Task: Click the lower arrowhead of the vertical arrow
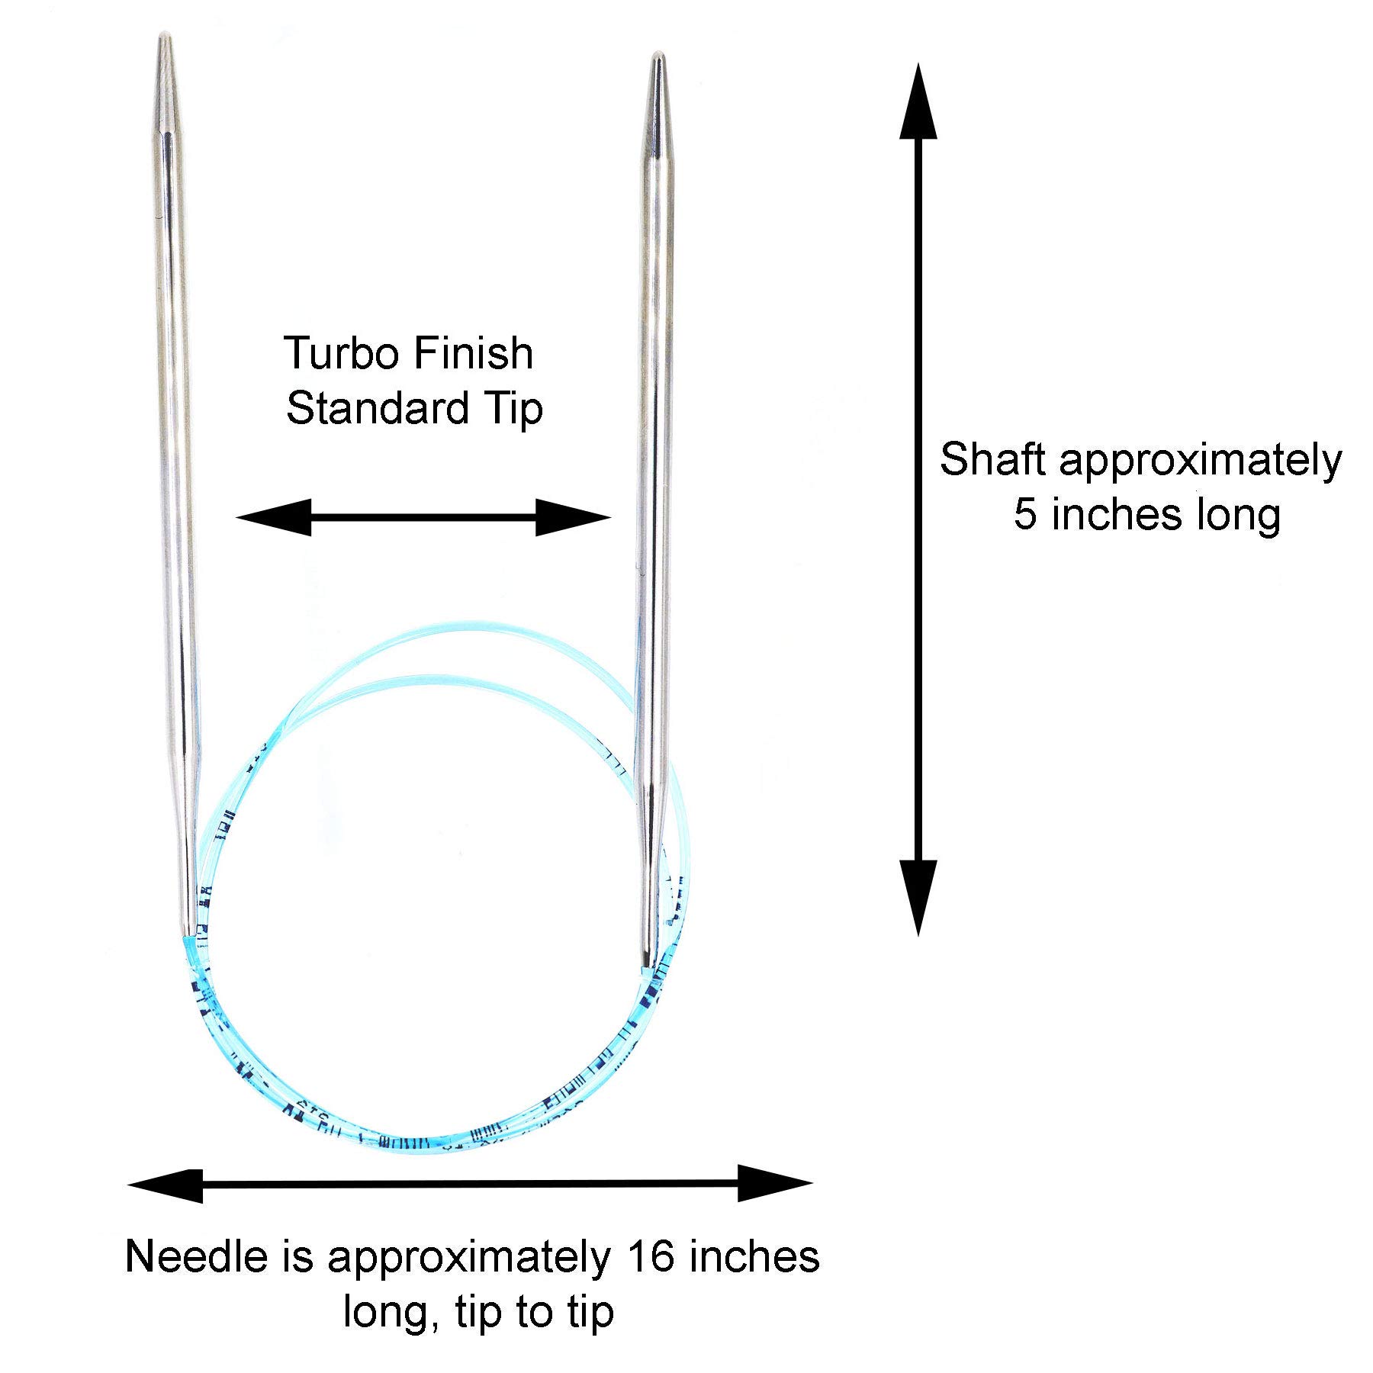(918, 896)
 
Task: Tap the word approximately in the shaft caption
(1200, 461)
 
